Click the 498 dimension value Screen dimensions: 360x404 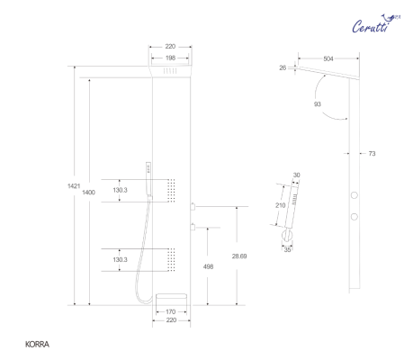[209, 266]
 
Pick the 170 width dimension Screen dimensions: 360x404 [170, 311]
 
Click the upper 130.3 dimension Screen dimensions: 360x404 [121, 191]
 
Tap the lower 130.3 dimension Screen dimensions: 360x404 [121, 259]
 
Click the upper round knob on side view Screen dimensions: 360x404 [355, 195]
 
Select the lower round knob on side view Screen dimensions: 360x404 [355, 216]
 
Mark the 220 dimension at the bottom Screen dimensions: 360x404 [170, 320]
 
